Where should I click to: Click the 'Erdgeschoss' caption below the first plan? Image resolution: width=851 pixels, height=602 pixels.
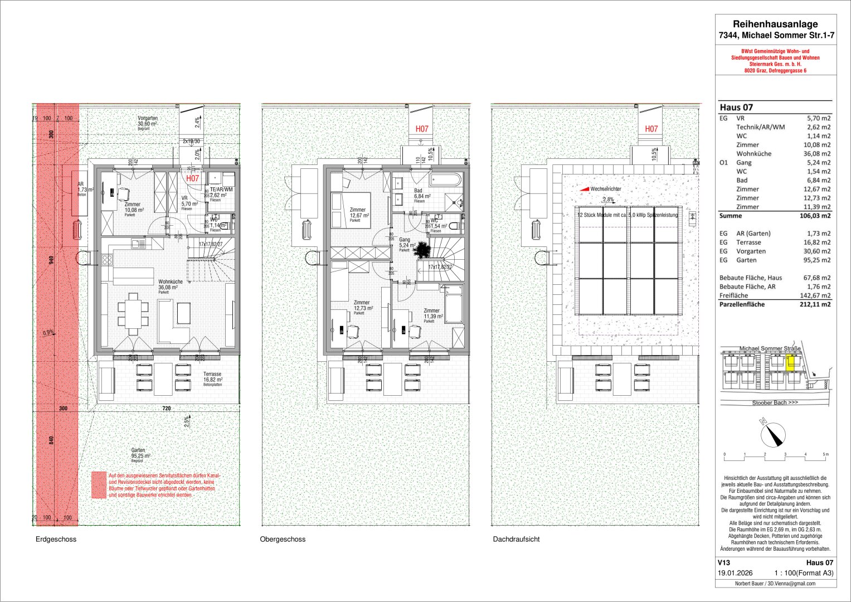[x=56, y=539]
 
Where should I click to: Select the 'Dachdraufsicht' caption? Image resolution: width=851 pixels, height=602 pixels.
[x=516, y=539]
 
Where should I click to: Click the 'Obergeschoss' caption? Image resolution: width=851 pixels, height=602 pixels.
[x=283, y=539]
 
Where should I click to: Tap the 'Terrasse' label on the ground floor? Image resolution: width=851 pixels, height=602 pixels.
[x=212, y=375]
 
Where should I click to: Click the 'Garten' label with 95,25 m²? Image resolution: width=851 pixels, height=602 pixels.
[x=138, y=450]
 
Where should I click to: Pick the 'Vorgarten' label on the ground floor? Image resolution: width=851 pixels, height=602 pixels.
[x=148, y=118]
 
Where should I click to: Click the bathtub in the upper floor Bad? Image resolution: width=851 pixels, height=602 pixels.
[x=445, y=179]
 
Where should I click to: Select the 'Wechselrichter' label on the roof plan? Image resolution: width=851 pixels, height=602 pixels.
[x=605, y=189]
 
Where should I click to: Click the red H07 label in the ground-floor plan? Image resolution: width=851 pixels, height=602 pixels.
[x=193, y=178]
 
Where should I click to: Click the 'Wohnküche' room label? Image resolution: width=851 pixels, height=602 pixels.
[x=171, y=282]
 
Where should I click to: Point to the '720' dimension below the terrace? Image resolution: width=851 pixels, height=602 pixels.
[x=166, y=409]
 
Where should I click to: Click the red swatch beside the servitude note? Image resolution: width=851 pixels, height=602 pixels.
[x=99, y=485]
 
